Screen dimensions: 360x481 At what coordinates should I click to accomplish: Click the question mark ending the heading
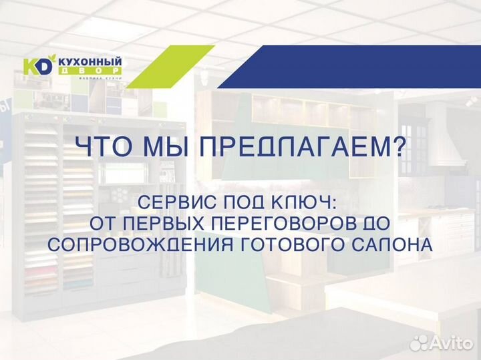click(398, 147)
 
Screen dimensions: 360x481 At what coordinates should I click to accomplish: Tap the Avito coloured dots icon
click(420, 343)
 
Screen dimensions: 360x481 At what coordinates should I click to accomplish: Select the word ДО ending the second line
click(379, 223)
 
